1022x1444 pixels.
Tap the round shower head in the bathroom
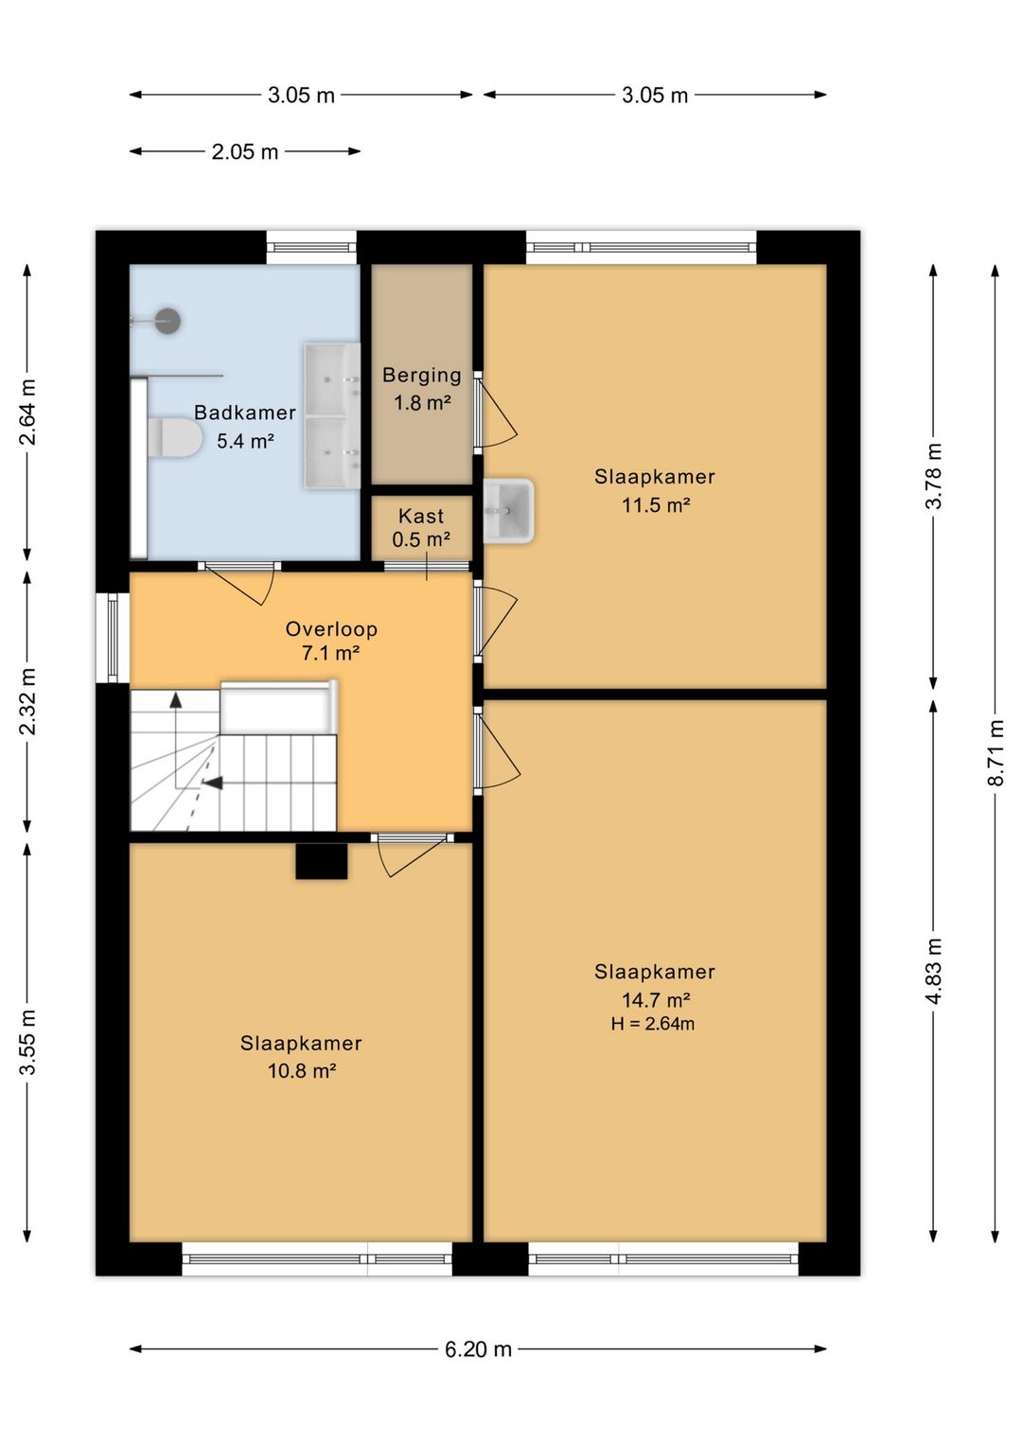coord(167,321)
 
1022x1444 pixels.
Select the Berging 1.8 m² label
coord(422,388)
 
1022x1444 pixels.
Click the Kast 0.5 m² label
coord(421,527)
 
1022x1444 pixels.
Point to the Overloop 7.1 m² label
coord(331,641)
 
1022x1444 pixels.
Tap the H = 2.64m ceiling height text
coord(653,1023)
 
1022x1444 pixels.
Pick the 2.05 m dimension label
coord(245,152)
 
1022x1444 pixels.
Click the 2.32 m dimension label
coord(27,701)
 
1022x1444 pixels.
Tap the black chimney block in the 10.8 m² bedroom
coord(321,861)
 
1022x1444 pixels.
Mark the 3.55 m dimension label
coord(27,1043)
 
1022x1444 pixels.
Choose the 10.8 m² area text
coord(302,1071)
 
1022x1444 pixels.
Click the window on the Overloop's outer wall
coord(113,637)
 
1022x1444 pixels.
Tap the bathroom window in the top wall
coord(311,247)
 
